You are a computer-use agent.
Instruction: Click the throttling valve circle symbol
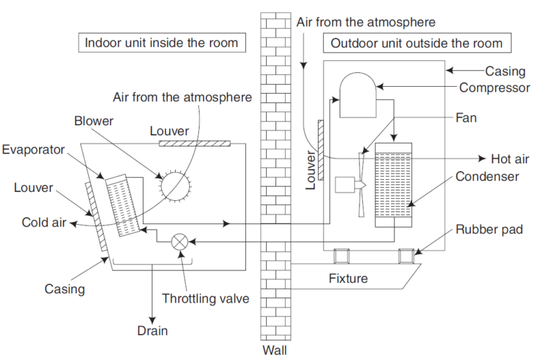coord(180,241)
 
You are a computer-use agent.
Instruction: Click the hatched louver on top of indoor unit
coord(195,144)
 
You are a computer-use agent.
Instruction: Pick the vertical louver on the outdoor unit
coord(320,148)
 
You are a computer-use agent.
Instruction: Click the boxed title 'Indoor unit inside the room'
coord(162,43)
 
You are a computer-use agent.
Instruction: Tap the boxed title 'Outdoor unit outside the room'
coord(417,43)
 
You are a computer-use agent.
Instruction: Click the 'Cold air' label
coord(44,223)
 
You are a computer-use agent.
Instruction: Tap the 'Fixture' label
coord(348,278)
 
